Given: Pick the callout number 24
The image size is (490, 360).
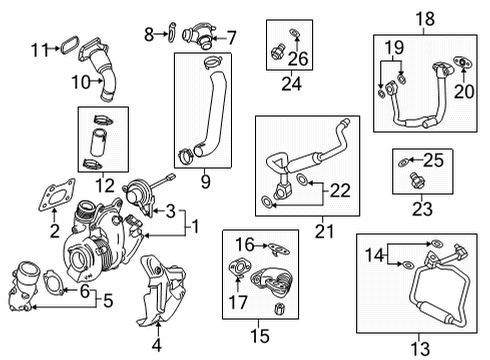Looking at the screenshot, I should pos(291,85).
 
